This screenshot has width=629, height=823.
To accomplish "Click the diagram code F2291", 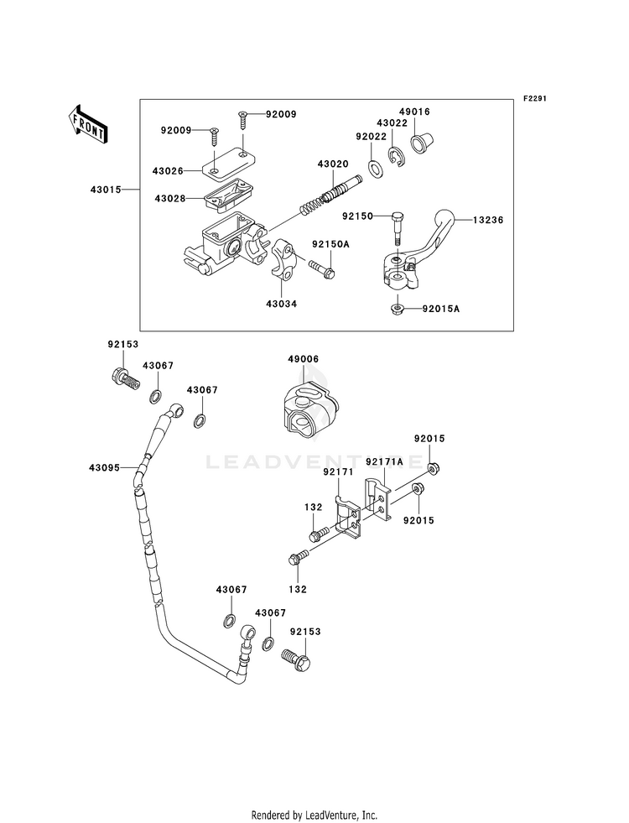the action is click(x=533, y=98).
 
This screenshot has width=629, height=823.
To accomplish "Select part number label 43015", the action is click(x=105, y=189).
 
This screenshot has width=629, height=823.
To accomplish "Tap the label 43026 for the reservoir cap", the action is click(x=168, y=171).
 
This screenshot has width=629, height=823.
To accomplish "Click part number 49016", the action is click(x=414, y=112).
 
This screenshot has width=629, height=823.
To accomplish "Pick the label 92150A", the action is click(x=330, y=245).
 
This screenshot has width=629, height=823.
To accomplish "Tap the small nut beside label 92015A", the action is click(x=398, y=310).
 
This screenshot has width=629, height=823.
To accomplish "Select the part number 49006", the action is click(x=303, y=359).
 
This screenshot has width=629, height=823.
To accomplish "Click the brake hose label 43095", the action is click(x=104, y=467).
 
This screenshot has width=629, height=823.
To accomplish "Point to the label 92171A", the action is click(x=385, y=461).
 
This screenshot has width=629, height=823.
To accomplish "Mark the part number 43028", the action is click(x=170, y=198).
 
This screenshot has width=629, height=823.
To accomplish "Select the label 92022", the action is click(x=371, y=137).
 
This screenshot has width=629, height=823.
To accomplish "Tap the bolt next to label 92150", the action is click(x=398, y=229).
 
